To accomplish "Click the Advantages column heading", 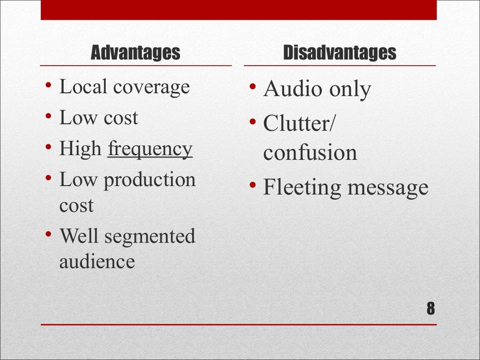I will click(135, 53).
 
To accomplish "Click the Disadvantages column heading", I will click(340, 53).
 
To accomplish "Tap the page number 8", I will click(431, 309).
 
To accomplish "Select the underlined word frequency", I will click(150, 150).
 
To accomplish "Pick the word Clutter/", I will click(299, 124).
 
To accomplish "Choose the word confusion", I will click(310, 153).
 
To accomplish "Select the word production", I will click(150, 180).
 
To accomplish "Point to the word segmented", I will click(150, 236).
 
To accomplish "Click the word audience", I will click(97, 262).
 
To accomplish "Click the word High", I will click(80, 149).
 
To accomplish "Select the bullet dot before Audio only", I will click(252, 87).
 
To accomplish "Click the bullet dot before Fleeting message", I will click(252, 186).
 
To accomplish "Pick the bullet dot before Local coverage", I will click(49, 86).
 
